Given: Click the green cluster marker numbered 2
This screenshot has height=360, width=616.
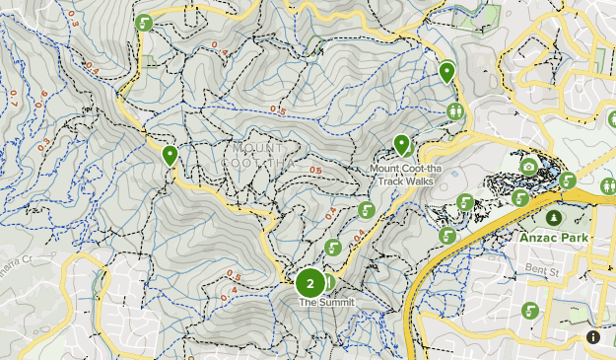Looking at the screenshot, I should (310, 283).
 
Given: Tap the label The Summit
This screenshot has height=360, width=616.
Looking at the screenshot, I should (325, 303).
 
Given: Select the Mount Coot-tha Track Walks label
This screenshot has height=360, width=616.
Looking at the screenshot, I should (402, 175).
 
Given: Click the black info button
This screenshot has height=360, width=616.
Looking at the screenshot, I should (593, 337).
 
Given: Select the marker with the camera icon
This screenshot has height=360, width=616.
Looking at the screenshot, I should (529, 167).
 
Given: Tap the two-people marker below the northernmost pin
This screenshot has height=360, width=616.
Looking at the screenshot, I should (454, 110).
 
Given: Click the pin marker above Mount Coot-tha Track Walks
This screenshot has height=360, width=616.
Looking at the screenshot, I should (402, 146).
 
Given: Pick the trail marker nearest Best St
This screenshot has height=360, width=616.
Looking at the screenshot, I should (531, 310).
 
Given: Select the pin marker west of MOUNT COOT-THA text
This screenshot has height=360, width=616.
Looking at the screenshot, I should (170, 156).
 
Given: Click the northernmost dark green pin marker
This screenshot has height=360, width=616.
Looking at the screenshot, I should (446, 72).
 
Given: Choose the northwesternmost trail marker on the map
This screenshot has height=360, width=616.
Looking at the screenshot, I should (145, 23).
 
